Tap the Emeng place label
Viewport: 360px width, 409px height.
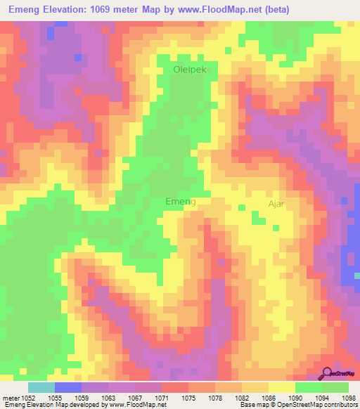(180, 202)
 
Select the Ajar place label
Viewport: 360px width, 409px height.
(276, 204)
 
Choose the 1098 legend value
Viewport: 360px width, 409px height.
(349, 397)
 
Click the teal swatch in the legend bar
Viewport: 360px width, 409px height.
(41, 387)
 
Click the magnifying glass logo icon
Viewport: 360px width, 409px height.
(328, 372)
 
